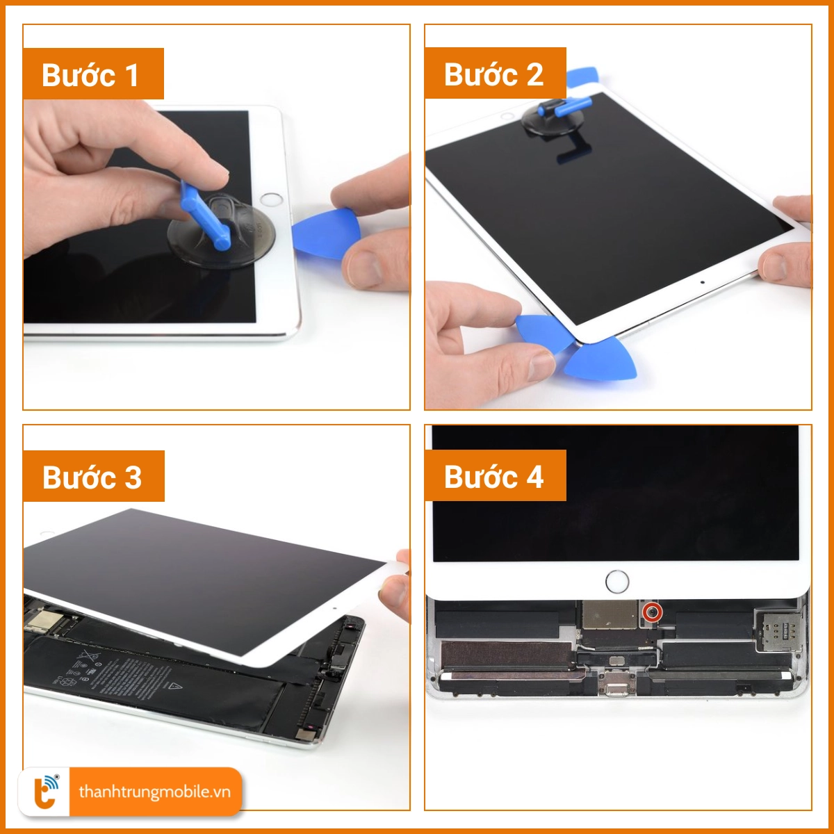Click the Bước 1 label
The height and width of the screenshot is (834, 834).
(x=93, y=74)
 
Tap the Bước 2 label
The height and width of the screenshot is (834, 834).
(x=495, y=74)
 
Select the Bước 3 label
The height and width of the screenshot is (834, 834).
(x=93, y=477)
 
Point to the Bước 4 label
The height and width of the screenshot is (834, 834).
(x=495, y=476)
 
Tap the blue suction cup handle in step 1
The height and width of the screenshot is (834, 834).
(x=204, y=215)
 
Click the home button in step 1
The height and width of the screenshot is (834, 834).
(x=271, y=199)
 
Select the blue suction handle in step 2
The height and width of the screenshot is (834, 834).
(x=564, y=106)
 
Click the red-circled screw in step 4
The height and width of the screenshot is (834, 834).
(x=652, y=612)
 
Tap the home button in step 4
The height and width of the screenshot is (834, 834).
(x=617, y=581)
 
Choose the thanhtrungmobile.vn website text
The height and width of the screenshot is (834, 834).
(x=154, y=792)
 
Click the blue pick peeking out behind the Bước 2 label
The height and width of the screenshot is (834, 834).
(x=582, y=76)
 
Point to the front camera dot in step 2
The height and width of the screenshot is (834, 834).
(x=702, y=282)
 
